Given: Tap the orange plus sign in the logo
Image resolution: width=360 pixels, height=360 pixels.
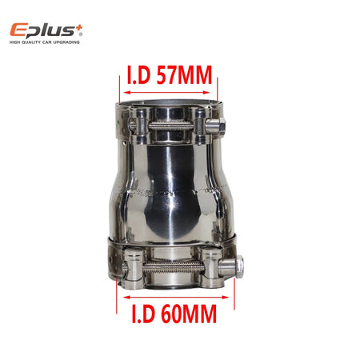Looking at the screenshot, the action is pos(79,28).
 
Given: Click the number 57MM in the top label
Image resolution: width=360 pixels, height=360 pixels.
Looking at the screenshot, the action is pos(184,75).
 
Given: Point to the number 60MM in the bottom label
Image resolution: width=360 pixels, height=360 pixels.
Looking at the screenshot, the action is pos(189,314).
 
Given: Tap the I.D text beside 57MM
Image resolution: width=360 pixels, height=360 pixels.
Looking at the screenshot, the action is pos(139,75).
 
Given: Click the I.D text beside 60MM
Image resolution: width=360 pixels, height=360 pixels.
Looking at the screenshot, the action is pos(143,314).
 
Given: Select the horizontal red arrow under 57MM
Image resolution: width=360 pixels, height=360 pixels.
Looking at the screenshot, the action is pos(167,93).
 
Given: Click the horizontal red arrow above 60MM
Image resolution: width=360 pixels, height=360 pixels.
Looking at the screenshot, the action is pos(176,297).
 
